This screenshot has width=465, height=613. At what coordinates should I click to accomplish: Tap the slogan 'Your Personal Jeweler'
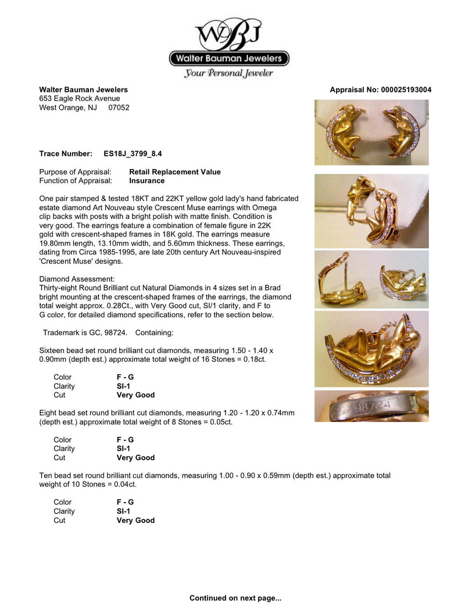pos(228,73)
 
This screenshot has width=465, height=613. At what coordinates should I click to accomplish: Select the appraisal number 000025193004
pos(406,90)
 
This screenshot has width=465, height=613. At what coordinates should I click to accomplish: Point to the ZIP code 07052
pos(119,107)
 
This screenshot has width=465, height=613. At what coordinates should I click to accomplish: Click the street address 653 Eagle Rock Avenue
pos(80,99)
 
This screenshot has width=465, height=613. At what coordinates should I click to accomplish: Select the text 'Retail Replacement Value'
pos(174,172)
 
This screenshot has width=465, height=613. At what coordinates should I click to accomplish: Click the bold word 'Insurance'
pos(146,181)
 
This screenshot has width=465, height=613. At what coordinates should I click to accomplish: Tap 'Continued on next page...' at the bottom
pos(235,598)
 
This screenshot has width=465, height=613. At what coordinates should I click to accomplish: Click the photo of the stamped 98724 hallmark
pos(371,406)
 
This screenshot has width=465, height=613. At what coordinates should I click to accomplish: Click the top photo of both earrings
pos(371,132)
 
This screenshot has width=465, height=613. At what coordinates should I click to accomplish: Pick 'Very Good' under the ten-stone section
pos(135,521)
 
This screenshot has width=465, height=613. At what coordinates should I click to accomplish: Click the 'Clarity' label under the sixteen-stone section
pos(64,386)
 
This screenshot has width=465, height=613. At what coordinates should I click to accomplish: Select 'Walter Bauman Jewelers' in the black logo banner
pos(229,58)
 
